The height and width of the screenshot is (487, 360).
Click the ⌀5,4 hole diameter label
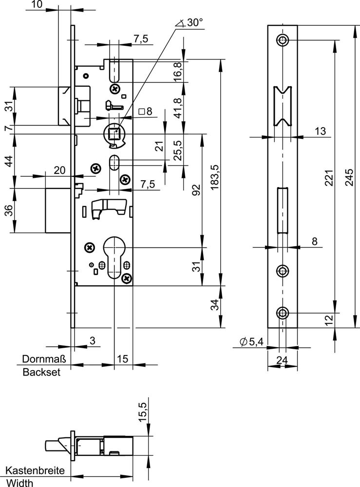pos(252,343)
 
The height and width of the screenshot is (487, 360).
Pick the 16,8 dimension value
pos(178,71)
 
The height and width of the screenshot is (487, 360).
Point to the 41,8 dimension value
pos(178,108)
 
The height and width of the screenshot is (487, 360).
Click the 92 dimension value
pos(196,189)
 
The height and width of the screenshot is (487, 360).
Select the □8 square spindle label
pos(145,112)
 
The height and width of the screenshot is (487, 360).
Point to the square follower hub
pos(115,132)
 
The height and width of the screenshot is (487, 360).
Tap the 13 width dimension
pos(320,131)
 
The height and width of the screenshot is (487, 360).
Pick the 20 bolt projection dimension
pos(59,170)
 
